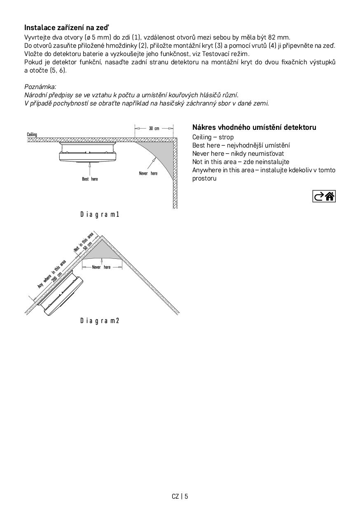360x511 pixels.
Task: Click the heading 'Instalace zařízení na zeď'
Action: (67, 28)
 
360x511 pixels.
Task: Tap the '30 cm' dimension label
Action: (154, 129)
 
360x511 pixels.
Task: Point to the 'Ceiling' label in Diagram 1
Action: (32, 135)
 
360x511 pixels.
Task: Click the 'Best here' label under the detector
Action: (90, 179)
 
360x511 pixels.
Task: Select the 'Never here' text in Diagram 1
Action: (148, 173)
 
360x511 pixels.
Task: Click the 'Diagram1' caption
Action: (100, 214)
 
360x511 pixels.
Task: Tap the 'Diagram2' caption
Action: (100, 321)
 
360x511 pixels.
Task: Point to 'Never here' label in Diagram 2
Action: (101, 267)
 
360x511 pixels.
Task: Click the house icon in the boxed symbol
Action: (330, 197)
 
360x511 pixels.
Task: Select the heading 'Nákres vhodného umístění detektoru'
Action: (254, 127)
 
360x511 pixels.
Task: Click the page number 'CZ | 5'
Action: (180, 496)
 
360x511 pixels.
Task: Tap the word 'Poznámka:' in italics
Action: (40, 87)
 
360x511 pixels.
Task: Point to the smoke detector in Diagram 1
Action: (89, 152)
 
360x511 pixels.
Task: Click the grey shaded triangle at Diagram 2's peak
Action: (102, 249)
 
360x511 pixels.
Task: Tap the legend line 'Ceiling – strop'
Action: (213, 137)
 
